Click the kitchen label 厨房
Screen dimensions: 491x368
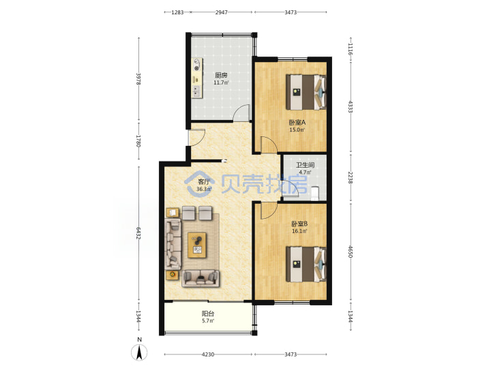(221, 76)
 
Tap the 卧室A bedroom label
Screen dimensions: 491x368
(297, 123)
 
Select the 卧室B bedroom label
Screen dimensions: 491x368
(299, 224)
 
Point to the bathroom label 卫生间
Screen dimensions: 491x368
(306, 165)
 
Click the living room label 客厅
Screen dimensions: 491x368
(204, 182)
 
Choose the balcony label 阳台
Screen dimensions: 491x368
(208, 313)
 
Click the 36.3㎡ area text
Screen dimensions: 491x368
(204, 189)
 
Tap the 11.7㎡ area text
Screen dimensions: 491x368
(221, 83)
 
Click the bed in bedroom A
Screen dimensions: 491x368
(306, 92)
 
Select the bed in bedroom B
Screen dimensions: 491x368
(306, 264)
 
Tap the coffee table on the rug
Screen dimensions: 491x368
(197, 245)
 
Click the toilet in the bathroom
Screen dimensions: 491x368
(315, 194)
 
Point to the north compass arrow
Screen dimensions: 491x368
(139, 353)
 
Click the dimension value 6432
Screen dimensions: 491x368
(138, 233)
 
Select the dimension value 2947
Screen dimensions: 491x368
(222, 12)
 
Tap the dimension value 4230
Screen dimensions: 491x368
(208, 354)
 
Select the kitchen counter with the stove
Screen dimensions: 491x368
(197, 78)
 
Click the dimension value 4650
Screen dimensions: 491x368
(351, 252)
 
